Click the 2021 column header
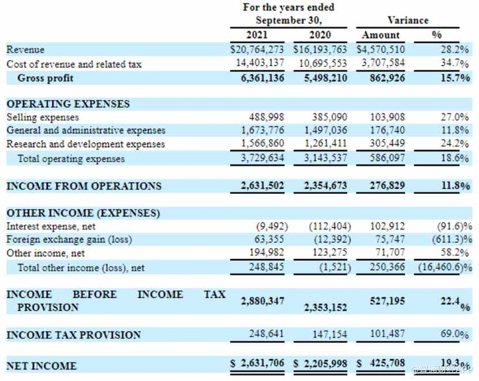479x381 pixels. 257,35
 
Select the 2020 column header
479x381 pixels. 320,35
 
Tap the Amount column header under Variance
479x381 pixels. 381,35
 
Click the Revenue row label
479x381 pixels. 25,50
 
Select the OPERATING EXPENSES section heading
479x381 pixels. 68,104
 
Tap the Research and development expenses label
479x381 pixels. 86,145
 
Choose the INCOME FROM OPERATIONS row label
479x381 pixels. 83,186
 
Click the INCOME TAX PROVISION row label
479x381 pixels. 73,335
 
